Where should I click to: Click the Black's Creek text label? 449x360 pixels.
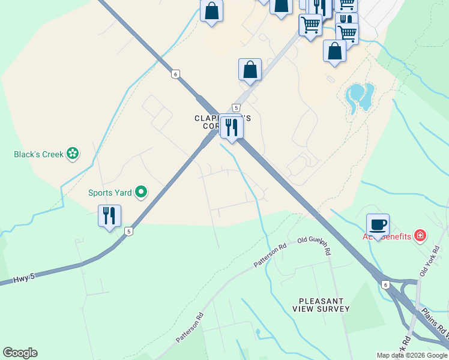[x=38, y=154]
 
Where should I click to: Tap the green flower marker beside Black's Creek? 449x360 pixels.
[x=73, y=154]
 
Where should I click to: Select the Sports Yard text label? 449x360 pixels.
[x=110, y=193]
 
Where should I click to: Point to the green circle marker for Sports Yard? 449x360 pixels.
[x=141, y=192]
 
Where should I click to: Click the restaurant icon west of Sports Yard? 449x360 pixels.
[x=109, y=216]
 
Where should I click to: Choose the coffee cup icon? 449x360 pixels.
[x=378, y=225]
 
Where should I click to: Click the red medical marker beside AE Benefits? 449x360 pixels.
[x=420, y=235]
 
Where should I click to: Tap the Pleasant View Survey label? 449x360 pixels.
[x=321, y=305]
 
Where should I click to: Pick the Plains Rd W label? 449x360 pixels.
[x=435, y=324]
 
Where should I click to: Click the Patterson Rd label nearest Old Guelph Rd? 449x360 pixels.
[x=270, y=255]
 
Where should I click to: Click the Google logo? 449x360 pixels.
[x=20, y=353]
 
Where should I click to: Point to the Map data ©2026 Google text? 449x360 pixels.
[x=411, y=355]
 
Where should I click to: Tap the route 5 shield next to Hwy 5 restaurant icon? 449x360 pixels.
[x=128, y=231]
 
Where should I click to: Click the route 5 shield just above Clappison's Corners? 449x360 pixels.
[x=236, y=108]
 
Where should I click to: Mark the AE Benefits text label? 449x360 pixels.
[x=390, y=236]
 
